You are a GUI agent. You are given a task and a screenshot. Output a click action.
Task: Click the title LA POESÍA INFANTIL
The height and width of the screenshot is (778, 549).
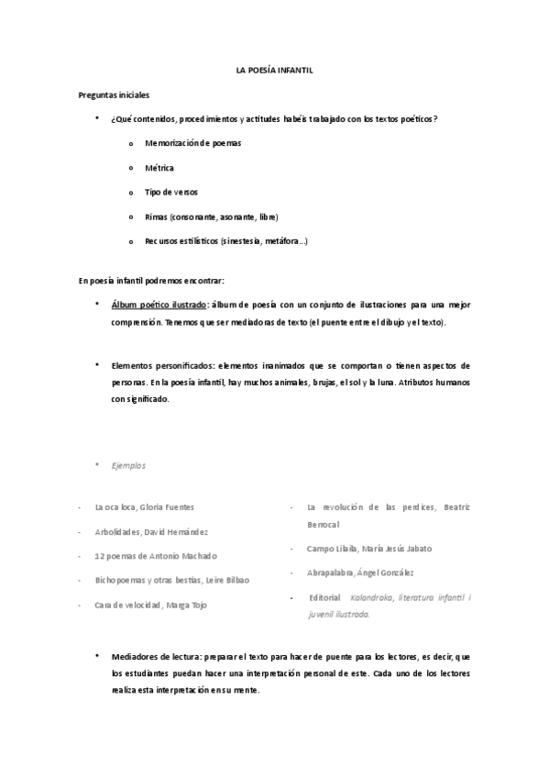pos(274,71)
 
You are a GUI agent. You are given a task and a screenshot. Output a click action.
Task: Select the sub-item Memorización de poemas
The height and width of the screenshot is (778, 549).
pos(193,144)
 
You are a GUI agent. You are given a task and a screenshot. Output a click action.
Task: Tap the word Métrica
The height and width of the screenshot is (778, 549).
pos(159,168)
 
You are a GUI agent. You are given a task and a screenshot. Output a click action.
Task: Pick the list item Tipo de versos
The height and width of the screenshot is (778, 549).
pos(170,192)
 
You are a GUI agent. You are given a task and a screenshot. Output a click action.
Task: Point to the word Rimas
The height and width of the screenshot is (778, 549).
pos(156,217)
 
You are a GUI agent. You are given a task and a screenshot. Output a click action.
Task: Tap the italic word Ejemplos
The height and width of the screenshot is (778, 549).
pos(128,465)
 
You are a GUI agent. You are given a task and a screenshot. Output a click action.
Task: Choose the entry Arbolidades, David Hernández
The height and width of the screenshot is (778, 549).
pos(150,531)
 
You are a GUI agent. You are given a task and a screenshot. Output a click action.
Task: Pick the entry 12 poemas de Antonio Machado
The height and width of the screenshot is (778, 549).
pos(156,556)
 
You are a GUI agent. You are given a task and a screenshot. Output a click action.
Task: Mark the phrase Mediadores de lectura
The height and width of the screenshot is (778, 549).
pos(156,658)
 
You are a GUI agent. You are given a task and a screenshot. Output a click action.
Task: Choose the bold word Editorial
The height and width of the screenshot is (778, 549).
pos(324,597)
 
